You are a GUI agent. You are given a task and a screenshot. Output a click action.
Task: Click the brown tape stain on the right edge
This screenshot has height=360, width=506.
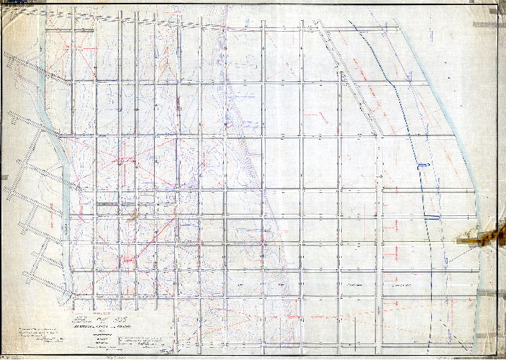click(x=483, y=236)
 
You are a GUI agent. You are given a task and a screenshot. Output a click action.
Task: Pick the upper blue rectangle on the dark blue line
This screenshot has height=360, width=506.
click(x=423, y=166)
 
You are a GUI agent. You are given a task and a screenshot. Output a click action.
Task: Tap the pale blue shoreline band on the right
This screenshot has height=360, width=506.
click(x=461, y=144)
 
